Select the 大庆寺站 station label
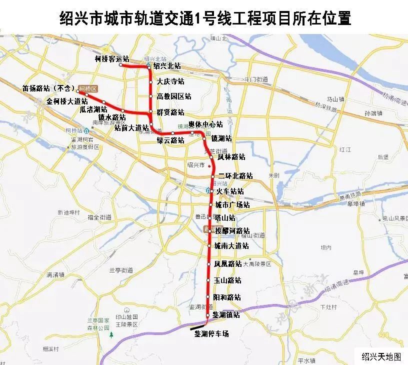coord(170,81)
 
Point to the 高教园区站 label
coord(174,96)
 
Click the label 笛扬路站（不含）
coord(48,88)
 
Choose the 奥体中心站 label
coord(205,124)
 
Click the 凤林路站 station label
coord(231,156)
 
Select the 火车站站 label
coord(230,191)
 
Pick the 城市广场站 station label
coord(232,205)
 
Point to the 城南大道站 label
coord(231,246)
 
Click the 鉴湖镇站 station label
coord(226,315)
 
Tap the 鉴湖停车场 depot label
coord(211,333)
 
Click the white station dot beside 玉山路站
coord(208,280)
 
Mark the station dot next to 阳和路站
coord(208,297)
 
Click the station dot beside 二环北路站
coord(213,176)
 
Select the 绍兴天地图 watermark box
coord(381,356)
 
